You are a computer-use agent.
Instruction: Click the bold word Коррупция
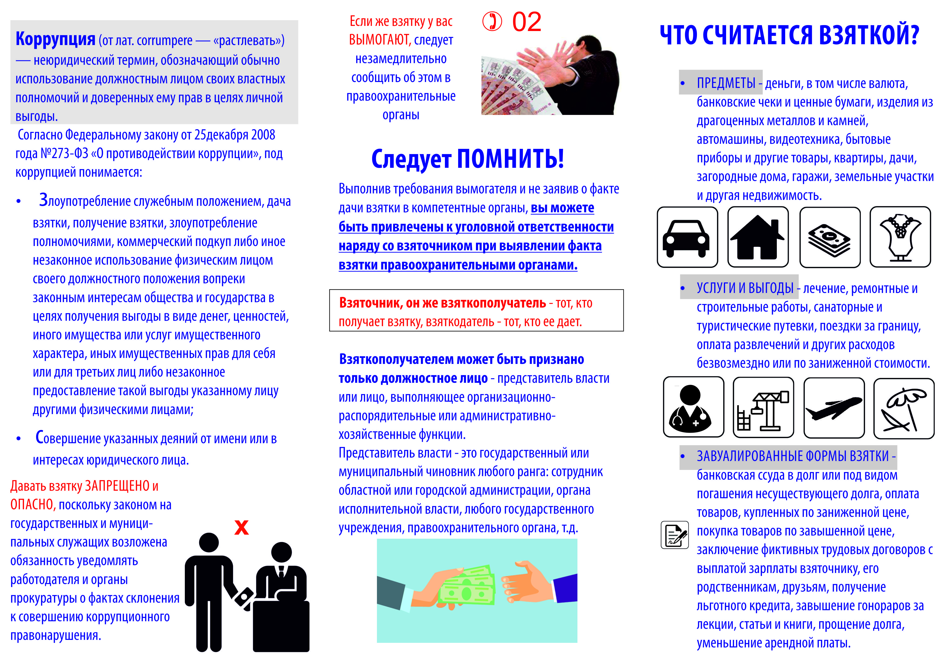[x=55, y=39]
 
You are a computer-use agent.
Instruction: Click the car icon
[x=687, y=237]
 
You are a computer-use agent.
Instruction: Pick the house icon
[x=757, y=237]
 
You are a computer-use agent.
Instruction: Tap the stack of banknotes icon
[x=829, y=238]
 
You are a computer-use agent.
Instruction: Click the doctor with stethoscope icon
[x=693, y=407]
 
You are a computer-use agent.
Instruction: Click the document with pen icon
[x=675, y=535]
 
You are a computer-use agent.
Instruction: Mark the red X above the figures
[x=241, y=527]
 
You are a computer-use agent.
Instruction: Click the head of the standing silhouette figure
[x=209, y=542]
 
